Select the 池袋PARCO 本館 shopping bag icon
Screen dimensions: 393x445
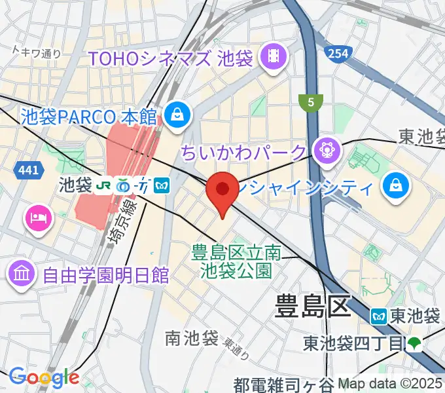[x=177, y=116]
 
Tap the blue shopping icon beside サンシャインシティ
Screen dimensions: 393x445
[x=397, y=186]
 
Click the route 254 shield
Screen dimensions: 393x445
[x=338, y=53]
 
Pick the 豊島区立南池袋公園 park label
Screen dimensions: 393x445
[x=235, y=260]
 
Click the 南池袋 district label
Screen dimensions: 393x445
[x=191, y=338]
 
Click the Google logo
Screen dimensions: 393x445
[x=44, y=377]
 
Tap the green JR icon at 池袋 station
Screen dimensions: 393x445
[x=103, y=186]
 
